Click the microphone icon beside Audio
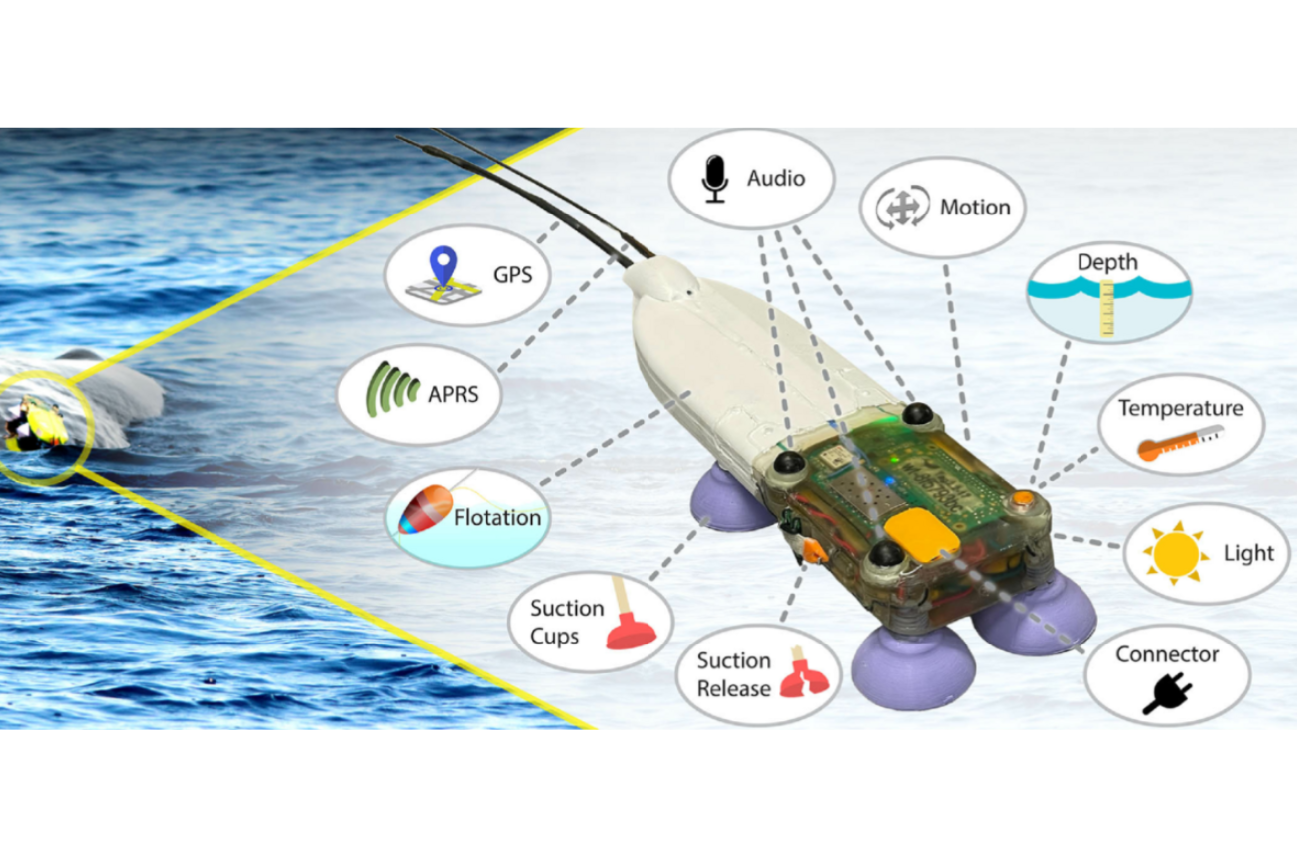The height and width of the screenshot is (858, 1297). [712, 178]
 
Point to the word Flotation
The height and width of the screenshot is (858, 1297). [497, 517]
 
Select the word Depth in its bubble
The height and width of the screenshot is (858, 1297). [1106, 262]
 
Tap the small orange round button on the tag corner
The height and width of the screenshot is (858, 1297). [1023, 498]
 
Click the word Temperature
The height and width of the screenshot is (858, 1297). [1180, 408]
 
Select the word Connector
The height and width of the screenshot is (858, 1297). [1167, 654]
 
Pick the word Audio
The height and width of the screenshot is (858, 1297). [775, 178]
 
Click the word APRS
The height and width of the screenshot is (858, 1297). [452, 393]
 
